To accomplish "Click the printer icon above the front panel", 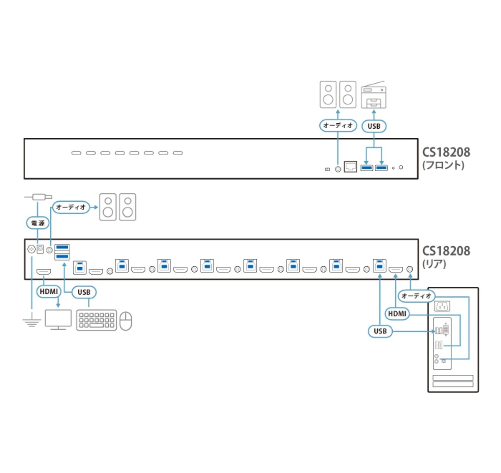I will tap(374, 95).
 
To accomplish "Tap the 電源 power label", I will tap(38, 223).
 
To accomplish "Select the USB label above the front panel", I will tap(374, 126).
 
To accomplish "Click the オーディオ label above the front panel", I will tap(338, 126).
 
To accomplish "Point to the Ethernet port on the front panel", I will tap(350, 167).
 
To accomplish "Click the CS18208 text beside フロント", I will tap(446, 152).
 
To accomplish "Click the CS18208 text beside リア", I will tap(446, 251).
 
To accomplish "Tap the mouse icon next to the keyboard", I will tap(126, 321).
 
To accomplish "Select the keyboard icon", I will tap(96, 320).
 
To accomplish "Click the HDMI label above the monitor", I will tap(49, 292).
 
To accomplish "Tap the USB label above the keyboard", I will tap(84, 292).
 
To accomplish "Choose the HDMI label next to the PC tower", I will tap(397, 314).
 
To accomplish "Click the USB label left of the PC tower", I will tap(380, 331).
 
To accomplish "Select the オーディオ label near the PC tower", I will tap(416, 296).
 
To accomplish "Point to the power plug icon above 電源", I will tap(41, 197).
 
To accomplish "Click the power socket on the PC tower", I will tap(442, 306).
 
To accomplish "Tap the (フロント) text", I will tap(443, 165).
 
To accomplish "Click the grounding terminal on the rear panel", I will tap(31, 249).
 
